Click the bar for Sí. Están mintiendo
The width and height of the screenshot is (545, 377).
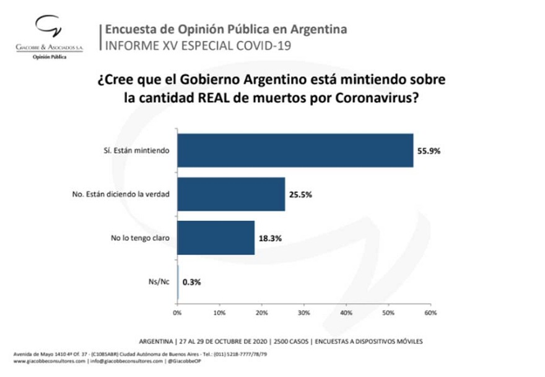[x=295, y=151]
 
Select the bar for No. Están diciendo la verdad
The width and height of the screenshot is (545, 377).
[x=231, y=194]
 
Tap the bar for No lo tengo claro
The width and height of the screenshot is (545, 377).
[x=216, y=237]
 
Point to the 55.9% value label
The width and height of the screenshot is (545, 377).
[x=428, y=151]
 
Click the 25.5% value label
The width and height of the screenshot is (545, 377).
[x=300, y=194]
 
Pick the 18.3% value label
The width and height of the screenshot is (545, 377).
[x=269, y=237]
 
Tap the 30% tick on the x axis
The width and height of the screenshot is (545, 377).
[x=304, y=313]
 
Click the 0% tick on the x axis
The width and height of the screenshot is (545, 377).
[x=178, y=313]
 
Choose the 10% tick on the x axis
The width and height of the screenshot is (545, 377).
[x=219, y=313]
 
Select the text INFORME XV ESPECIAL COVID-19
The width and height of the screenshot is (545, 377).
[x=190, y=45]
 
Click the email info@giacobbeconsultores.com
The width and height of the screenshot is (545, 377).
[x=126, y=360]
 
